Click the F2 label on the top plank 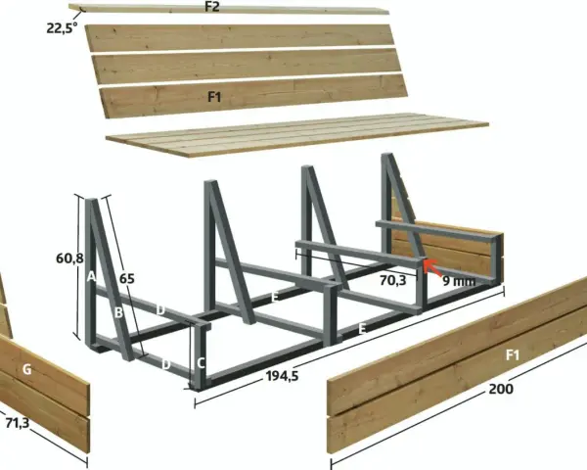click(x=212, y=7)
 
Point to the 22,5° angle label click(x=63, y=28)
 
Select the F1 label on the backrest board click(x=214, y=98)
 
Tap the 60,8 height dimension click(x=69, y=258)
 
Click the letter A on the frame click(x=91, y=277)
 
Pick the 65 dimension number click(x=127, y=279)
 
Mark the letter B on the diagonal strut click(x=118, y=312)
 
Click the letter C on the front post click(x=201, y=363)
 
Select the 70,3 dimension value click(x=392, y=280)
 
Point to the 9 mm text click(x=459, y=281)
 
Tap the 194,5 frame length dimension click(x=283, y=376)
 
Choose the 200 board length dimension click(x=501, y=389)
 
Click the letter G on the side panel click(x=26, y=369)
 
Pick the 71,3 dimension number click(x=18, y=423)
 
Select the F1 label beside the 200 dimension click(x=513, y=354)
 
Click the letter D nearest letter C click(x=166, y=364)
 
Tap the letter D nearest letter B click(x=160, y=310)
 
